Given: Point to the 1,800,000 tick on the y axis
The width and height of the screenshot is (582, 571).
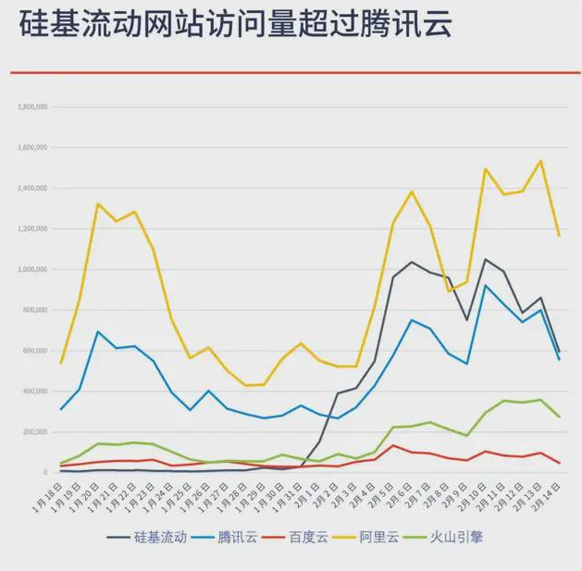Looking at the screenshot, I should (x=32, y=107).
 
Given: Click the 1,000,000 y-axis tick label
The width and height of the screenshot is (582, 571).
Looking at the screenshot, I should (x=32, y=269).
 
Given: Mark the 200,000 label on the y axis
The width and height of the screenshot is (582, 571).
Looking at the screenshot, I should (x=34, y=432).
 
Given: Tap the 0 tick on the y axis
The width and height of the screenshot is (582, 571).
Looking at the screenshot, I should (x=44, y=473).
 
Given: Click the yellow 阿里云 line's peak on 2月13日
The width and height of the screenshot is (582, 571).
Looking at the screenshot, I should (x=540, y=161).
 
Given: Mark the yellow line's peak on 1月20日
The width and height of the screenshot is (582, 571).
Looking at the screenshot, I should (x=98, y=204).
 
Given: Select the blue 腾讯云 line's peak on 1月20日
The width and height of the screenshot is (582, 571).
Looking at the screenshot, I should (x=98, y=331).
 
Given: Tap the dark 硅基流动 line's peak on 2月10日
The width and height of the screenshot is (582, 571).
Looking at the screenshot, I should (x=486, y=259).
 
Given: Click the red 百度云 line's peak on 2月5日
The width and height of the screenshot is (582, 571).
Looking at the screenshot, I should (x=393, y=446).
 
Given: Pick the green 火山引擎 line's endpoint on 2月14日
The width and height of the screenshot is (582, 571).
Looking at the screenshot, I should (x=559, y=417).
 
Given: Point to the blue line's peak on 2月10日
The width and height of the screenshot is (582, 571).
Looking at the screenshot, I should (x=486, y=285).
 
